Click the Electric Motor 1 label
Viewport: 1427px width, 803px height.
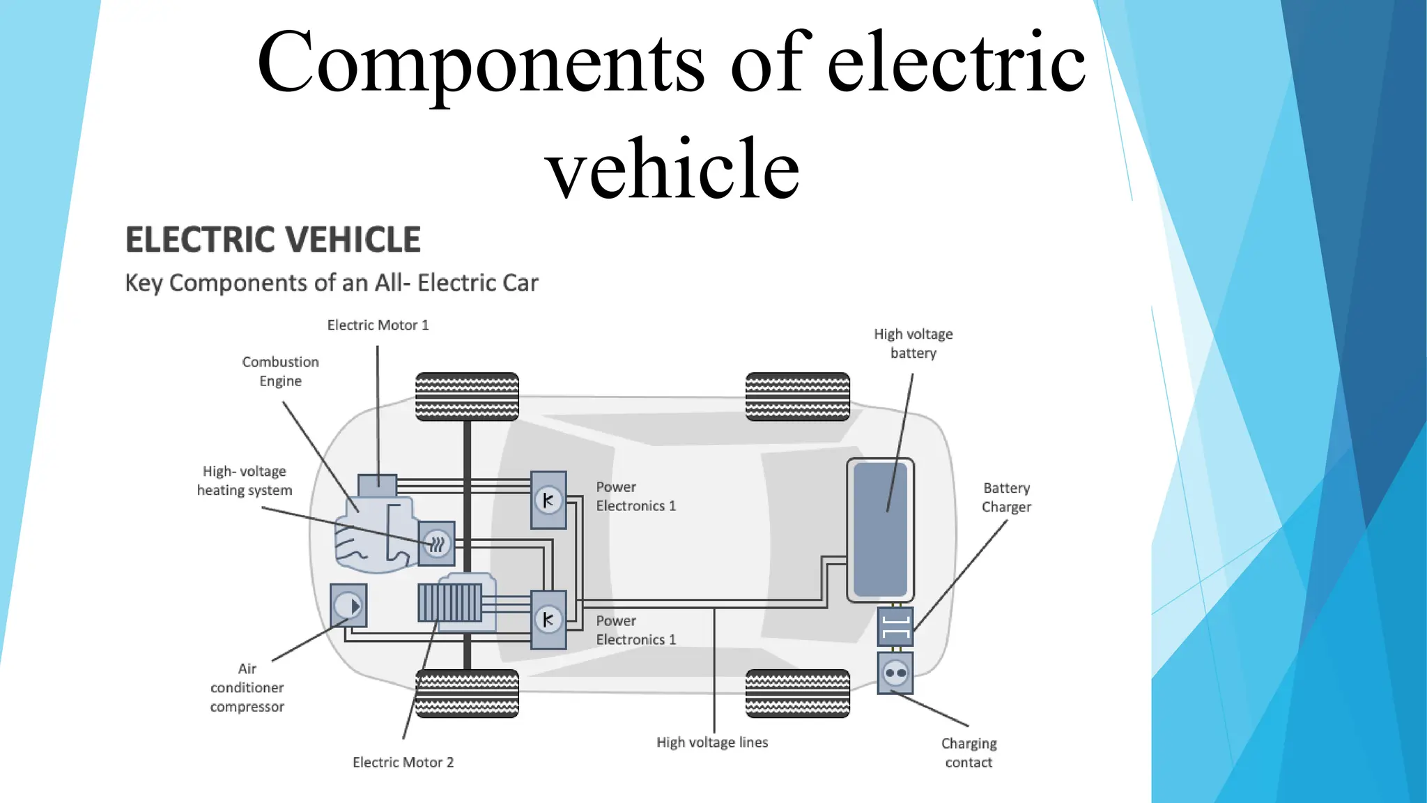pyautogui.click(x=378, y=326)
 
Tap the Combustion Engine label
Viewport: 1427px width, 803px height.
pyautogui.click(x=280, y=372)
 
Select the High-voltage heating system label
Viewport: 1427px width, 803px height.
pyautogui.click(x=244, y=481)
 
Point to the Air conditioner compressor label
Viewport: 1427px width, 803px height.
pyautogui.click(x=247, y=688)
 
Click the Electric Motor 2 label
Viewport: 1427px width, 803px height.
pyautogui.click(x=403, y=763)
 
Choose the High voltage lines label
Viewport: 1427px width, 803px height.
pyautogui.click(x=711, y=743)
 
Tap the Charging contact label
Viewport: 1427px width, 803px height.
pyautogui.click(x=969, y=753)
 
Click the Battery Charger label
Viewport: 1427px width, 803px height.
pyautogui.click(x=1006, y=498)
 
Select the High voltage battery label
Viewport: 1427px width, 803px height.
pyautogui.click(x=913, y=344)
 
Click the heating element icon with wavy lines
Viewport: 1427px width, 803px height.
pyautogui.click(x=437, y=544)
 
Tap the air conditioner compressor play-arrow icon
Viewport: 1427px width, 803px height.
pyautogui.click(x=348, y=606)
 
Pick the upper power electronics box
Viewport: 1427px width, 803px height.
pyautogui.click(x=548, y=500)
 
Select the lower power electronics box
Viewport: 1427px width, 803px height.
pyautogui.click(x=548, y=619)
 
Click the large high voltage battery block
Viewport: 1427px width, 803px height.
pyautogui.click(x=880, y=530)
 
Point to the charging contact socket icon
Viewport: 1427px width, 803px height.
pyautogui.click(x=895, y=673)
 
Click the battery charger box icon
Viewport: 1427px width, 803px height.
pyautogui.click(x=895, y=627)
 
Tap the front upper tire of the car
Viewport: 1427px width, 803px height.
pyautogui.click(x=467, y=397)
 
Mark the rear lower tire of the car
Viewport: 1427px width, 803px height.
pyautogui.click(x=797, y=694)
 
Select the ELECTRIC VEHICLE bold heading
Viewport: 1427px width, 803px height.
pyautogui.click(x=272, y=240)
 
